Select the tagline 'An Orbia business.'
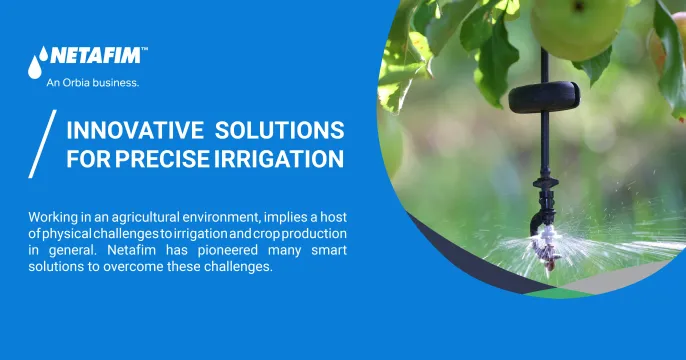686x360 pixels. tap(93, 83)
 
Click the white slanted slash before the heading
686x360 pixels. tap(41, 145)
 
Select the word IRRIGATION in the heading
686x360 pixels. tap(282, 159)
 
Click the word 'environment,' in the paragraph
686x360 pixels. tap(226, 217)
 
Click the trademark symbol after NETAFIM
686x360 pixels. tap(144, 48)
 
